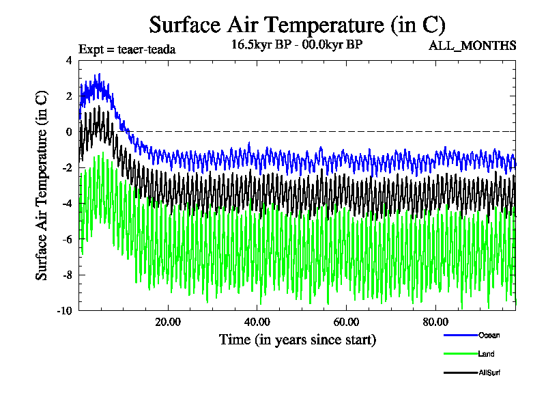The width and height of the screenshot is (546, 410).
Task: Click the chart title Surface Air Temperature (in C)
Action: point(297,25)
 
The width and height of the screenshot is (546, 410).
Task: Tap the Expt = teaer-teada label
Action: point(127,49)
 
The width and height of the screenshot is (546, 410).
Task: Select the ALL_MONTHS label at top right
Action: point(472,46)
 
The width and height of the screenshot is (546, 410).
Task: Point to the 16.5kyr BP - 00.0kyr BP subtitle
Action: point(297,45)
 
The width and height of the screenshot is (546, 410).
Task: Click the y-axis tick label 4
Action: point(68,60)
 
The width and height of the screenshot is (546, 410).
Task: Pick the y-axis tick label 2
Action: point(68,96)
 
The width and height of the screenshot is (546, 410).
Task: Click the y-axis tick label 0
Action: point(68,132)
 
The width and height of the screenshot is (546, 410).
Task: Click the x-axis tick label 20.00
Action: point(167,322)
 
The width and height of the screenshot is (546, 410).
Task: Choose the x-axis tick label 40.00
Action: point(257,322)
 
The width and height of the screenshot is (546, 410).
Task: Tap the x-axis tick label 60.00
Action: point(346,322)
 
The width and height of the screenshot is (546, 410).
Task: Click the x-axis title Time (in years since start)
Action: point(297,340)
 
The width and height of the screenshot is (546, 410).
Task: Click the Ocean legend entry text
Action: point(489,335)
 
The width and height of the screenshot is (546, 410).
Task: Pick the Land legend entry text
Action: point(487,354)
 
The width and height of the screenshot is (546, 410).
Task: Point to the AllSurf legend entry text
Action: point(491,373)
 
